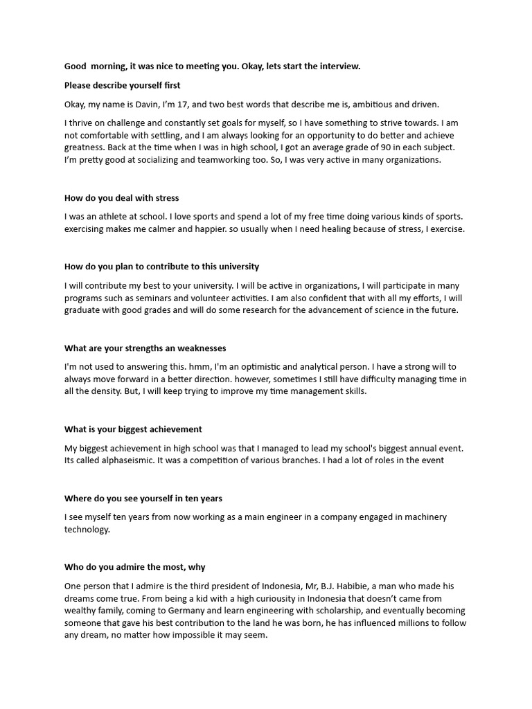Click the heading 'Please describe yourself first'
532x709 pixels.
coord(122,85)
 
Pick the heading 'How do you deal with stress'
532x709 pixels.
coord(121,198)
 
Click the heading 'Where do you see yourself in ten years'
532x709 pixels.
coord(143,499)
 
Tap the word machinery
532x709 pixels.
coord(423,517)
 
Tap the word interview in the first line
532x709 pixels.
coord(339,66)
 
